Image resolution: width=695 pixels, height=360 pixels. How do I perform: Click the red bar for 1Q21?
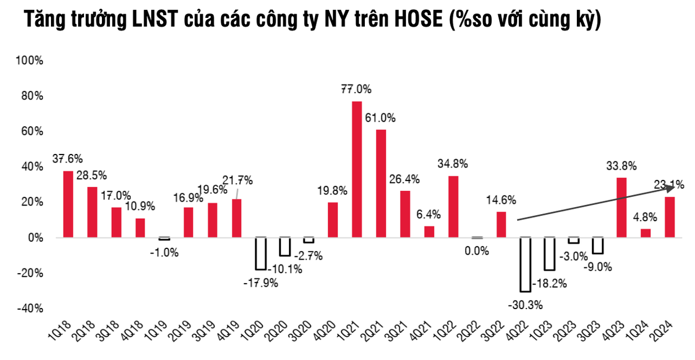pos(357,169)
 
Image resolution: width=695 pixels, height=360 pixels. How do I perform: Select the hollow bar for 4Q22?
pos(525,265)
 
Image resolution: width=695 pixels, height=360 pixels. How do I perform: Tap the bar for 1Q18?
pos(68,204)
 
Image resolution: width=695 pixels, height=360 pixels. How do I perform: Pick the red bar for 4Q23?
pos(621,207)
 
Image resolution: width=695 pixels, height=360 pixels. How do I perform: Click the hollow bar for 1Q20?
pos(261,254)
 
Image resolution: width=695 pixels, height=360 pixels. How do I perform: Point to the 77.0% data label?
pos(356,90)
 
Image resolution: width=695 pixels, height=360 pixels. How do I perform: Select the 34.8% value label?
pos(453,163)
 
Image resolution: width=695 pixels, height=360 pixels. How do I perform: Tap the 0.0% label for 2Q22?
pos(477,251)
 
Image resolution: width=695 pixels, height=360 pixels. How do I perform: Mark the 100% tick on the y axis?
pos(31,60)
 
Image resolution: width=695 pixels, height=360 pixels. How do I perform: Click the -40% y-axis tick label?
pos(31,308)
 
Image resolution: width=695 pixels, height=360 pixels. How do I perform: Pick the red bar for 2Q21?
pos(381,183)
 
